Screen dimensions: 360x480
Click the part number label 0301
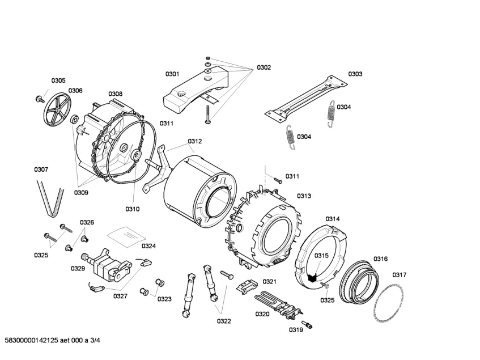click(x=172, y=74)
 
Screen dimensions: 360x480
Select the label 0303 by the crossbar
click(x=355, y=74)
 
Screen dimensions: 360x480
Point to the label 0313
click(x=304, y=196)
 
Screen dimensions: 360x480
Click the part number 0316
click(x=380, y=259)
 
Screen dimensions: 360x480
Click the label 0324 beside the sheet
click(x=148, y=246)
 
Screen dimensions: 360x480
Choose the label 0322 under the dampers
click(x=224, y=321)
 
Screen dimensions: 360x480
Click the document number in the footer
click(x=53, y=340)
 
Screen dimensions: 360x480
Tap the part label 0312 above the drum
click(x=195, y=141)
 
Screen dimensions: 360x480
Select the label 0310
click(x=132, y=209)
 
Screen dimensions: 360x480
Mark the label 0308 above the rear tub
click(x=115, y=94)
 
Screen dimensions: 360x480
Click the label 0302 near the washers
click(x=264, y=67)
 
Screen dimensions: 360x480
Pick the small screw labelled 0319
click(x=309, y=324)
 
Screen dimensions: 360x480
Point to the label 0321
click(x=269, y=282)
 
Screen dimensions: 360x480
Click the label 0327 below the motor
click(x=120, y=295)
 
